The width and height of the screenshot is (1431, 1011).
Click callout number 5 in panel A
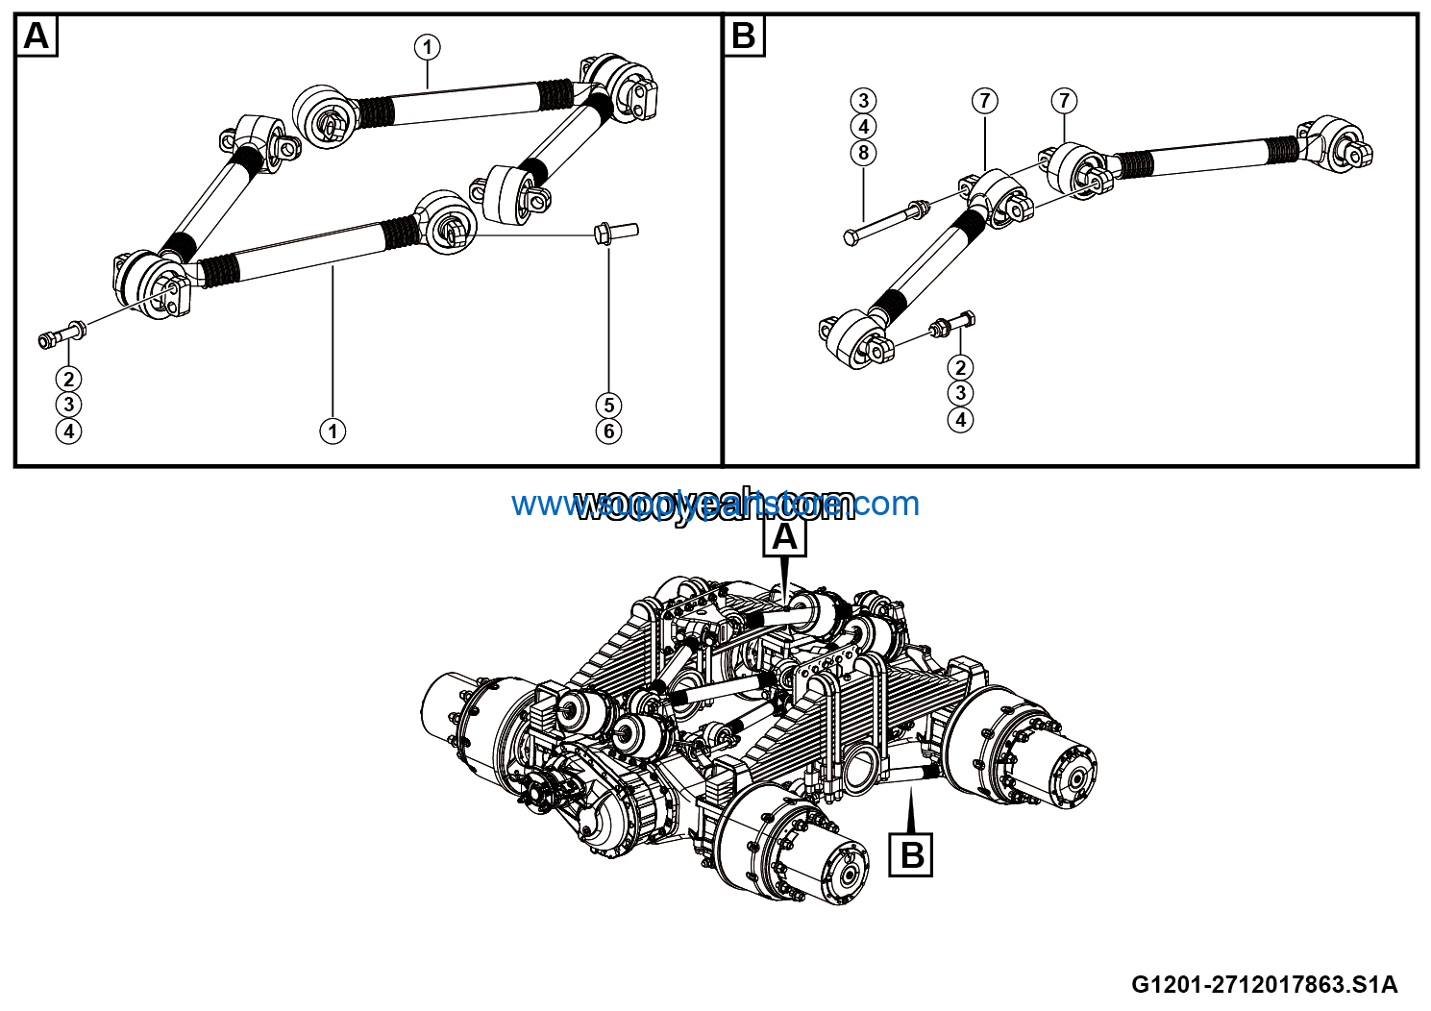(x=608, y=405)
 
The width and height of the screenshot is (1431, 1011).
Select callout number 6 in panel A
(x=608, y=432)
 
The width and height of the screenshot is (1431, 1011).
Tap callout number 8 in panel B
(x=863, y=153)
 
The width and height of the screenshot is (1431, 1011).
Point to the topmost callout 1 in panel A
(x=428, y=46)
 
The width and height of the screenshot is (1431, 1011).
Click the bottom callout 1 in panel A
(x=333, y=432)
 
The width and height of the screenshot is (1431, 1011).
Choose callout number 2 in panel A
(x=68, y=379)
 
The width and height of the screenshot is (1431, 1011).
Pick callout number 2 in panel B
(x=959, y=366)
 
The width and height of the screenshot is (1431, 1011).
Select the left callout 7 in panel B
(x=985, y=100)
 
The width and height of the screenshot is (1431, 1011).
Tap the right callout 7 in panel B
(x=1063, y=100)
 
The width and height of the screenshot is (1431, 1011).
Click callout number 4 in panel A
(x=68, y=432)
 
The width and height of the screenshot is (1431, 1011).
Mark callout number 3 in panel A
(x=68, y=405)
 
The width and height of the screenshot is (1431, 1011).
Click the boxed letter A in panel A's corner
(x=37, y=37)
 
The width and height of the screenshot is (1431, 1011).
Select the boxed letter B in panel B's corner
(x=743, y=37)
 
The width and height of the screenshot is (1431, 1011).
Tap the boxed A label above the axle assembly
(x=784, y=538)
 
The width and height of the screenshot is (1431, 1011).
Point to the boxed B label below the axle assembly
(x=912, y=853)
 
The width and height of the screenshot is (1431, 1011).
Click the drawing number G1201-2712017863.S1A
(x=1264, y=984)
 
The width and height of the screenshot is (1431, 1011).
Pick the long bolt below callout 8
(x=884, y=220)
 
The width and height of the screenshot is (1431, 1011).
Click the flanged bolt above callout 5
(x=616, y=231)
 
